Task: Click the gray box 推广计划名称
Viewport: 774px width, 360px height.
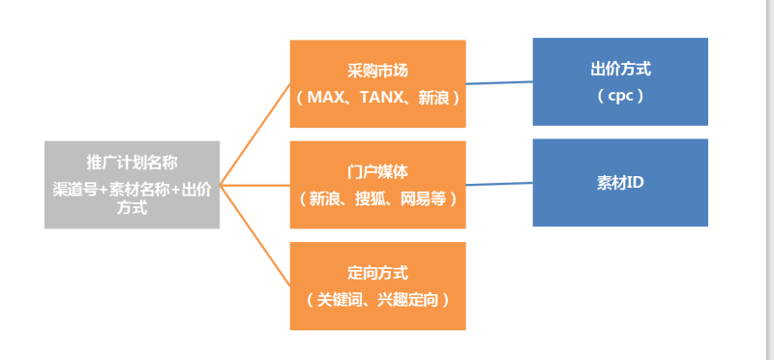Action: pos(132,185)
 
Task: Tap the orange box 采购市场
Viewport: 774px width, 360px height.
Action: pos(378,83)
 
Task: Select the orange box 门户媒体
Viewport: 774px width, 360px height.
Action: pos(378,185)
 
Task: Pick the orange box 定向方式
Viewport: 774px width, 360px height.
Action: pos(378,286)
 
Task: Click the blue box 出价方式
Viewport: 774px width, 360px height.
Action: pos(620,81)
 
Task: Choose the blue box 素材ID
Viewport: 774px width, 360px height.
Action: pos(620,183)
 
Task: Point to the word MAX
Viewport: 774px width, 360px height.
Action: pos(326,98)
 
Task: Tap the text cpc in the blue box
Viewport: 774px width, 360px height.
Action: pos(620,97)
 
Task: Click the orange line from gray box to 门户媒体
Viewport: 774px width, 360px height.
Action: pos(254,184)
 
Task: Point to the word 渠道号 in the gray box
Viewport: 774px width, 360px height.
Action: pos(73,191)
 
